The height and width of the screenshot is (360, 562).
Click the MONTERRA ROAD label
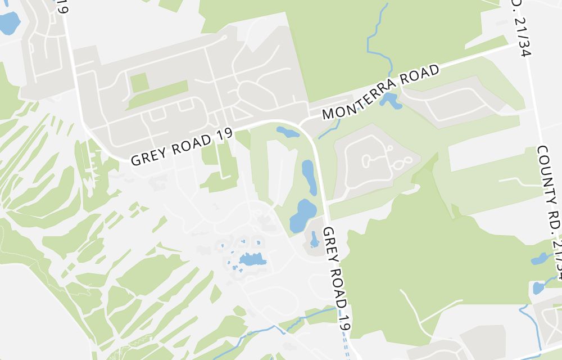tap(380, 92)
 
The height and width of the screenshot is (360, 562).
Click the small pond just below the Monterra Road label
tap(389, 101)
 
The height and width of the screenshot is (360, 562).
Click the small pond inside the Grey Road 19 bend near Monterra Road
tap(288, 133)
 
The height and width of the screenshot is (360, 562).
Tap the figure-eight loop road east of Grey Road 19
tap(401, 164)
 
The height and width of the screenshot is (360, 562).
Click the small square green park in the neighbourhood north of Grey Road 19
tap(139, 82)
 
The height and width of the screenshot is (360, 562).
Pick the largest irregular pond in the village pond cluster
tap(252, 259)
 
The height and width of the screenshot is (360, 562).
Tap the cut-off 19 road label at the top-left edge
tap(62, 7)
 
